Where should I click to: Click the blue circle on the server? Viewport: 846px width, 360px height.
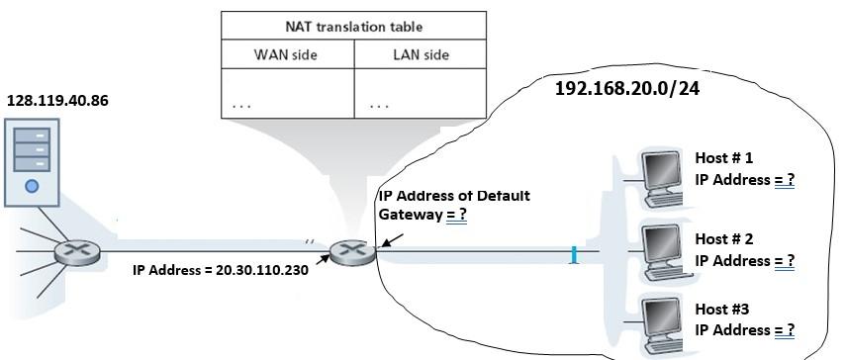[33, 185]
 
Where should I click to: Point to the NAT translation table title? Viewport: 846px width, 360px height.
[353, 27]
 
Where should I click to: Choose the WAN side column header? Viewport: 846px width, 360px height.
[287, 55]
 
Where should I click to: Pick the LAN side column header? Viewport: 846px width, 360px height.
[421, 55]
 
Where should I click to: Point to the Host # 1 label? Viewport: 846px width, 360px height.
[724, 157]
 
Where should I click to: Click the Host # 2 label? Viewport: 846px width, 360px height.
[724, 238]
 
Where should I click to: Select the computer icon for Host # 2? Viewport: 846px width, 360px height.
[659, 254]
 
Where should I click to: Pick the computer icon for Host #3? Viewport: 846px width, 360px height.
[659, 323]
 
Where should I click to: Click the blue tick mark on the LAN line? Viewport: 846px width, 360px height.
[573, 257]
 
